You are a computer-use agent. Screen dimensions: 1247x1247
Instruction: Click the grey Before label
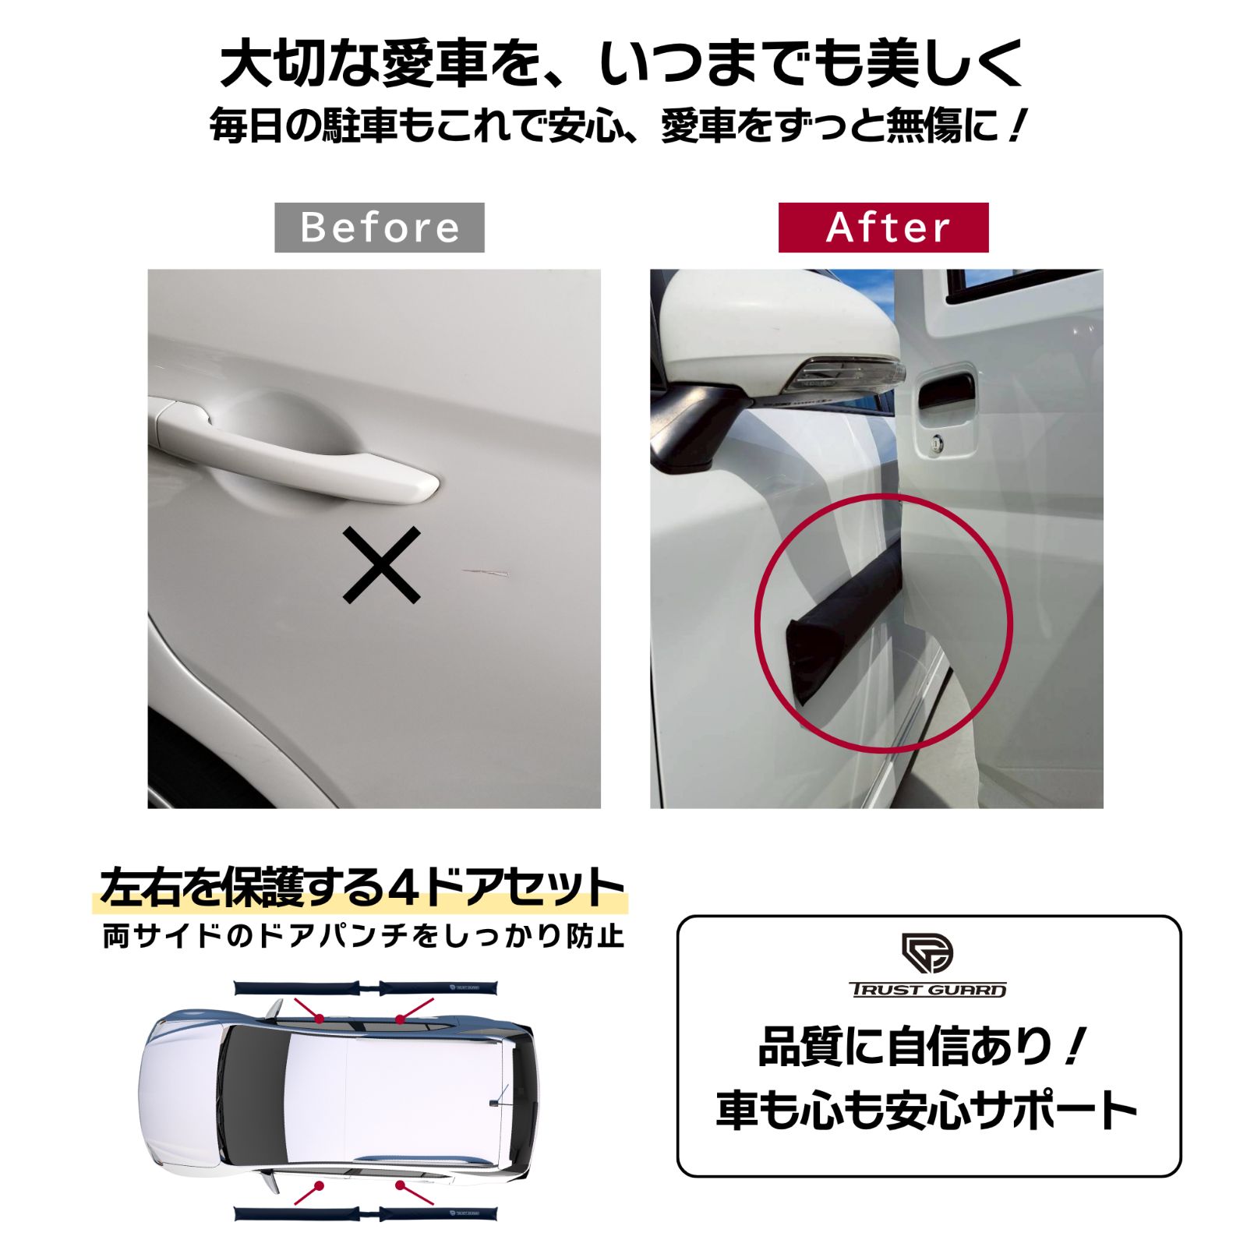tap(379, 228)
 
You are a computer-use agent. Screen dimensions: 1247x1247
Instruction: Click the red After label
tap(883, 228)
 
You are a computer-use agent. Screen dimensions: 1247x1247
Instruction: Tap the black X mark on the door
tap(382, 565)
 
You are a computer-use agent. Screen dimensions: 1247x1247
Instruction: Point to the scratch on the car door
tap(486, 574)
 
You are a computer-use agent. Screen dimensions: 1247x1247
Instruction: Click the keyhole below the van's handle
tap(936, 445)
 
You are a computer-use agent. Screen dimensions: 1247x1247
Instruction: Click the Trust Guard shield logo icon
tap(927, 952)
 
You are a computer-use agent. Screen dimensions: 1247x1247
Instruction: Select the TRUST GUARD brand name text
tap(927, 990)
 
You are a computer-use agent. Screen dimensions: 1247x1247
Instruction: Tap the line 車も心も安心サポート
tap(927, 1110)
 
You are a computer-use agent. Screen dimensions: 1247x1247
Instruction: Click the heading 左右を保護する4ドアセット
tap(362, 888)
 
